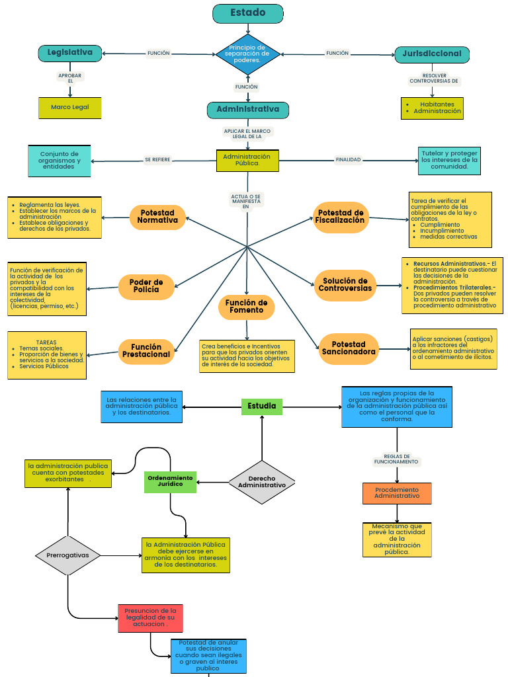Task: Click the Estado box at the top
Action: click(248, 13)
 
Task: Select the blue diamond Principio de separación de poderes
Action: click(248, 54)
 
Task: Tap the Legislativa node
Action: click(70, 53)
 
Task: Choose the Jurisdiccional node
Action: click(432, 54)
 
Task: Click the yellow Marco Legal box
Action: click(70, 107)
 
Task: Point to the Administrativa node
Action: click(248, 110)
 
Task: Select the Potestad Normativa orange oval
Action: click(157, 217)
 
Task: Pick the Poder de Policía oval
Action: click(146, 286)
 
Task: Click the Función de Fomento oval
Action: click(246, 307)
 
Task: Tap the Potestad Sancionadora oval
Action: click(349, 348)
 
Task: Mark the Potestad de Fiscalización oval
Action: click(341, 217)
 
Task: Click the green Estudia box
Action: click(262, 406)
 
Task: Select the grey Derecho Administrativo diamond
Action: click(262, 482)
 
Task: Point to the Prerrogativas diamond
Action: click(67, 555)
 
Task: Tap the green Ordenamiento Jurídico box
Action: click(170, 481)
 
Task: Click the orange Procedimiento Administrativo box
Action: click(397, 493)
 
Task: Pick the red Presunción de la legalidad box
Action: click(150, 617)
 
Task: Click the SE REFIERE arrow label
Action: click(157, 160)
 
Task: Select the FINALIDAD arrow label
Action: click(348, 160)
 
